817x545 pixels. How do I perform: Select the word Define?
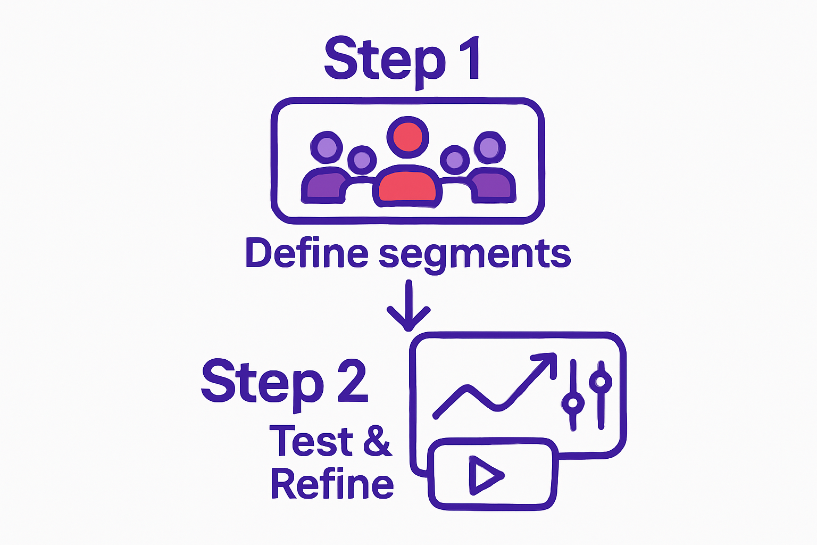click(x=306, y=253)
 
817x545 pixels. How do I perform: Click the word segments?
click(x=474, y=255)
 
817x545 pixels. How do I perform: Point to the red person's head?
click(x=407, y=137)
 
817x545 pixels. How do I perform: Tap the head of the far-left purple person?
click(x=326, y=147)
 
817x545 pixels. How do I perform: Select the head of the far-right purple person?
click(x=489, y=147)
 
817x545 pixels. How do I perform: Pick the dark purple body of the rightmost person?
click(x=494, y=186)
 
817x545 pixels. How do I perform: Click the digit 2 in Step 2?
click(x=352, y=381)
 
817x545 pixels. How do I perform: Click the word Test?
click(x=311, y=441)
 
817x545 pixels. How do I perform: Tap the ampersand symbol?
click(x=378, y=441)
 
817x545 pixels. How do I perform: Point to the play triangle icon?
click(x=483, y=475)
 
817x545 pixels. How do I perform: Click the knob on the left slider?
click(x=572, y=402)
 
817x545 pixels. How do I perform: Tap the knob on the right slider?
click(x=601, y=381)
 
